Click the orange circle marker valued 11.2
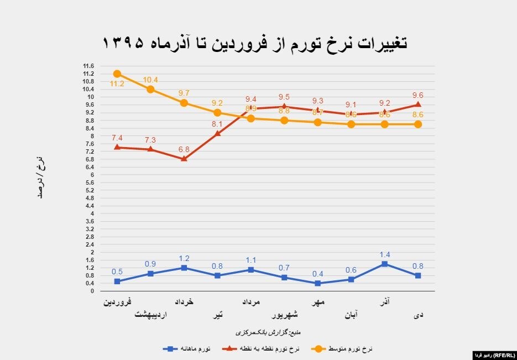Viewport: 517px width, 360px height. (x=117, y=74)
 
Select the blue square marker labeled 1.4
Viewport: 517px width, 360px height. (x=384, y=264)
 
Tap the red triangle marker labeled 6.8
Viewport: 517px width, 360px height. (x=184, y=159)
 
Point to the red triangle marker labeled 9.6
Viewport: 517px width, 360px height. (x=418, y=105)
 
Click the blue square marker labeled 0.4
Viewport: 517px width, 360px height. (x=317, y=283)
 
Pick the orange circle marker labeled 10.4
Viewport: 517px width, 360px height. (x=150, y=89)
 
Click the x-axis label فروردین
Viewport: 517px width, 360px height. (x=118, y=302)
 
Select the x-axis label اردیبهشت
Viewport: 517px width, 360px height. (x=150, y=315)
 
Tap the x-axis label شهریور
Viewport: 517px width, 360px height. (x=284, y=315)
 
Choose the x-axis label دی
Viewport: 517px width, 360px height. (x=419, y=315)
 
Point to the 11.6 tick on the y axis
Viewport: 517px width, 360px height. (x=88, y=66)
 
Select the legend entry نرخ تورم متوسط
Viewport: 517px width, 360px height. (x=342, y=349)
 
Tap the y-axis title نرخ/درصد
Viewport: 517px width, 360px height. (x=40, y=178)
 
